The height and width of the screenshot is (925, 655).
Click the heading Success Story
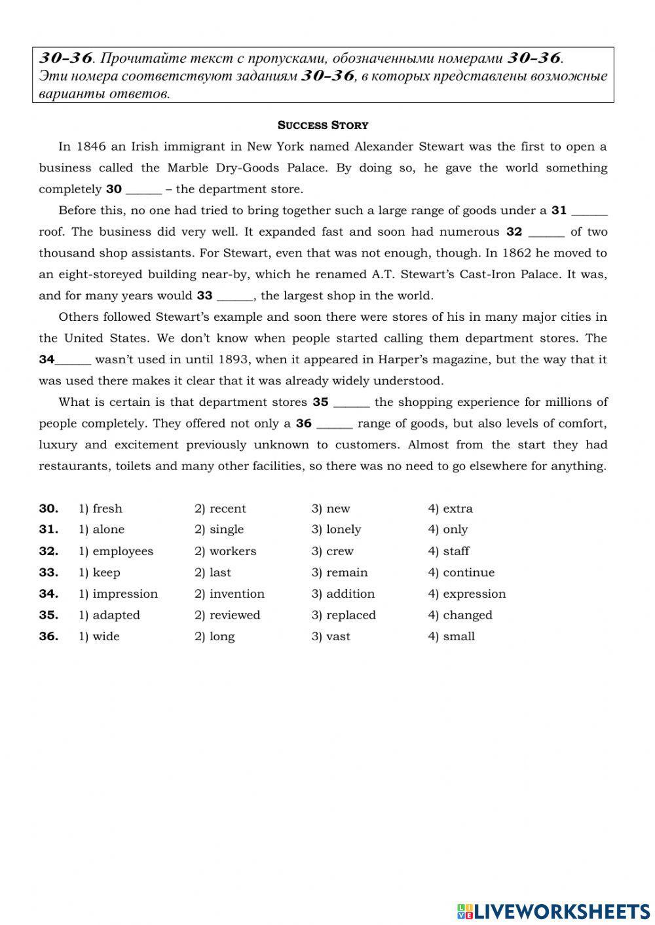[x=323, y=125]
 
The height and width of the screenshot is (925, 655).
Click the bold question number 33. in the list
[x=48, y=573]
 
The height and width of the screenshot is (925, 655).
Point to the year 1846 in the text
[x=91, y=147]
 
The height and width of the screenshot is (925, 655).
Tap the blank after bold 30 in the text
[x=143, y=190]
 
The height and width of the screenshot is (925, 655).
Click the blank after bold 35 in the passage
[x=351, y=403]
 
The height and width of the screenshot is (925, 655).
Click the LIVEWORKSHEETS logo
[x=553, y=911]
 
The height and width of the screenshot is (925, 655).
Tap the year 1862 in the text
[x=516, y=253]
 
